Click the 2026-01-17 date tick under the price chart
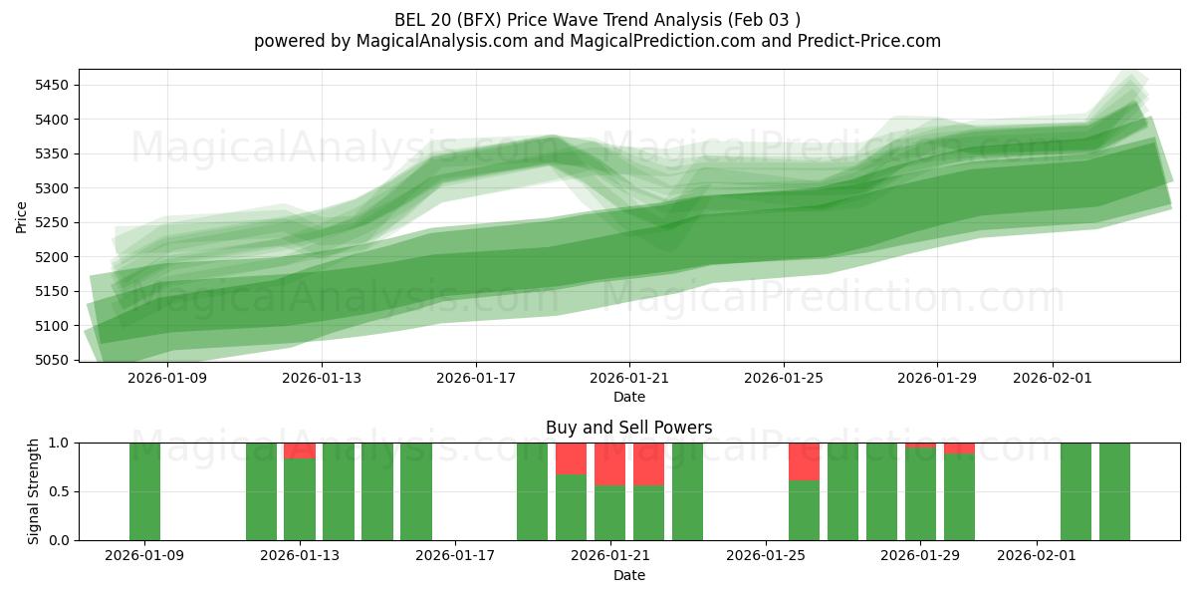pos(475,379)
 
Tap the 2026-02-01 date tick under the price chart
pos(1053,379)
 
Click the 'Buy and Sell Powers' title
pos(628,428)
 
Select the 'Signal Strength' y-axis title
pos(34,491)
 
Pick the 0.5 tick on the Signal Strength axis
pos(59,491)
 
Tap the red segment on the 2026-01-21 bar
pos(609,463)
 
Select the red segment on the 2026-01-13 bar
pos(300,450)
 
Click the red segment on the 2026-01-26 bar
pos(804,461)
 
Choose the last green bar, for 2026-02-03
pos(1114,491)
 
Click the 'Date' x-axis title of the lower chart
pos(628,575)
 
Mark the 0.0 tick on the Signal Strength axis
pos(59,540)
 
